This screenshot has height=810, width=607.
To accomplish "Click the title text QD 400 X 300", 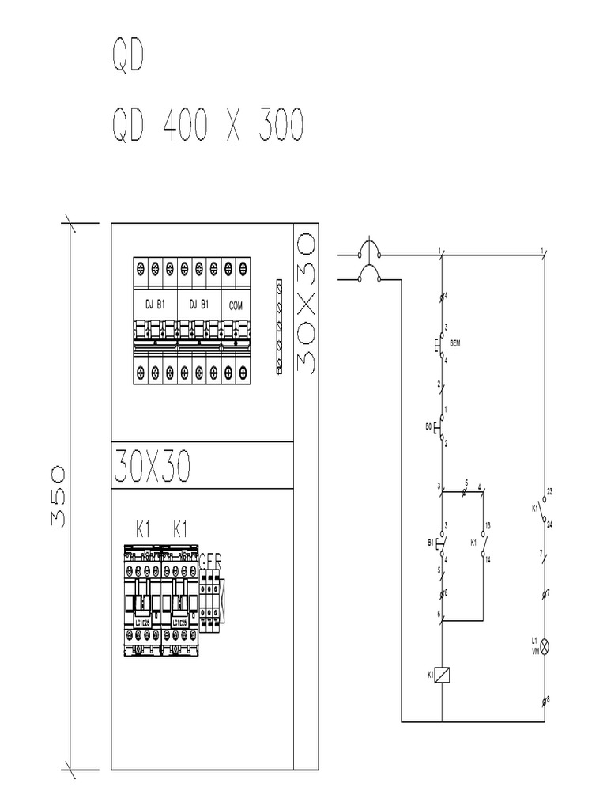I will (x=205, y=126).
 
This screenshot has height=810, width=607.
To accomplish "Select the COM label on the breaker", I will (x=236, y=305).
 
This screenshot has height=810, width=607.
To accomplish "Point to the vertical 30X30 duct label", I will (x=304, y=302).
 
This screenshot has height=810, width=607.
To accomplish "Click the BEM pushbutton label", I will (x=455, y=344).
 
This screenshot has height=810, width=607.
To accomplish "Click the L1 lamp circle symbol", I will (x=544, y=646).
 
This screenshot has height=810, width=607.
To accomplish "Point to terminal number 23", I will (x=549, y=492).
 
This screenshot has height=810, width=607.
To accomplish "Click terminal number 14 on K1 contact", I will (x=488, y=559).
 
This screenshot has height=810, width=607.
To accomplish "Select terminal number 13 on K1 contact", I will (x=488, y=525).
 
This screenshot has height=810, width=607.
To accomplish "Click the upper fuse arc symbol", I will (x=368, y=250).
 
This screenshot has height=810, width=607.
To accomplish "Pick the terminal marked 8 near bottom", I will (x=549, y=699).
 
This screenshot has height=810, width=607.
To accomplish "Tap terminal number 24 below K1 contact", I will (x=549, y=524).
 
